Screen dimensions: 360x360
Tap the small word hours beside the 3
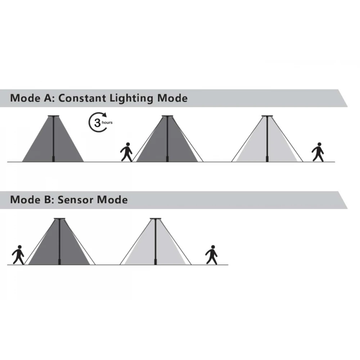(x=107, y=123)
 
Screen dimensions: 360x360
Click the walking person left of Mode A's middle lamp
(x=126, y=152)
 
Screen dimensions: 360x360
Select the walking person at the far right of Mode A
(x=318, y=152)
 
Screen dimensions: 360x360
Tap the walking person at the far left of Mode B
(x=18, y=255)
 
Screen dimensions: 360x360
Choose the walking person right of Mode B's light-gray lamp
(x=212, y=255)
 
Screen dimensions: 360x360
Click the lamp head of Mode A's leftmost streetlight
(x=53, y=116)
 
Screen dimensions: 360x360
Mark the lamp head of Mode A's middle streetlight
(x=167, y=116)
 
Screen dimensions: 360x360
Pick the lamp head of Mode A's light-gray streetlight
(x=267, y=116)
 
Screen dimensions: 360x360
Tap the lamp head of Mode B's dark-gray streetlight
(x=59, y=219)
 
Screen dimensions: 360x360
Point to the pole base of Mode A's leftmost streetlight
(x=53, y=159)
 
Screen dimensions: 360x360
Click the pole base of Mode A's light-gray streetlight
(x=267, y=159)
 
